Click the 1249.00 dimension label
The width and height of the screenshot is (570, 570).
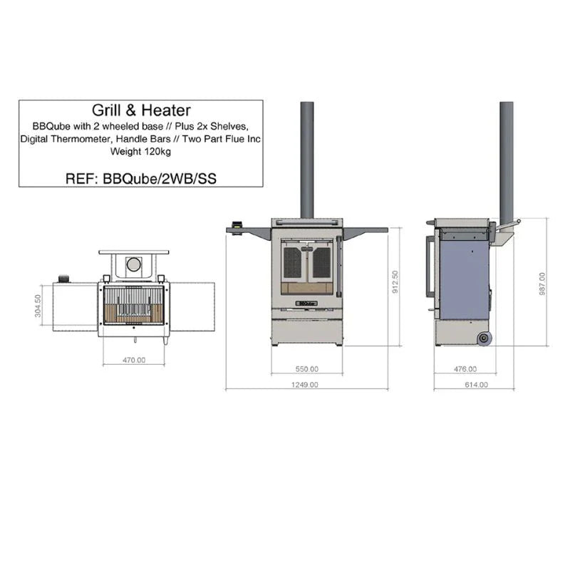click(x=306, y=385)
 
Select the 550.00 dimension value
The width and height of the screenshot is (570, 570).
click(x=306, y=369)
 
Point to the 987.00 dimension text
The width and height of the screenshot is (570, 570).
click(x=543, y=283)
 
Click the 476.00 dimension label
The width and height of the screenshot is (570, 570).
click(x=465, y=369)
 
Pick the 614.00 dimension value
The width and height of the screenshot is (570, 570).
click(x=476, y=385)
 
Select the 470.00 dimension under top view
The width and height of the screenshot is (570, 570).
click(x=133, y=361)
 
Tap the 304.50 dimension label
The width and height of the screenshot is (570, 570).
click(x=38, y=308)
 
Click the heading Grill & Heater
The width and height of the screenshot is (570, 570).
click(x=141, y=111)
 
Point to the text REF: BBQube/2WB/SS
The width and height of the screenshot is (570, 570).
click(x=140, y=178)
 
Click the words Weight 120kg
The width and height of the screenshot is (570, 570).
click(x=140, y=151)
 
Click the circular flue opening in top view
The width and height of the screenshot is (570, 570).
click(x=133, y=265)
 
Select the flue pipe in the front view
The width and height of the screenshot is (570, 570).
click(x=307, y=160)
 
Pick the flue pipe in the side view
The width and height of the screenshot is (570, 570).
click(x=507, y=160)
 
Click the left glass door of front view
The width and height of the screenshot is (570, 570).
click(x=293, y=263)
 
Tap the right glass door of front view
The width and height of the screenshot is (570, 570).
click(x=321, y=263)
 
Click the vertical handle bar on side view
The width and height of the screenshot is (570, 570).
click(x=429, y=266)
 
